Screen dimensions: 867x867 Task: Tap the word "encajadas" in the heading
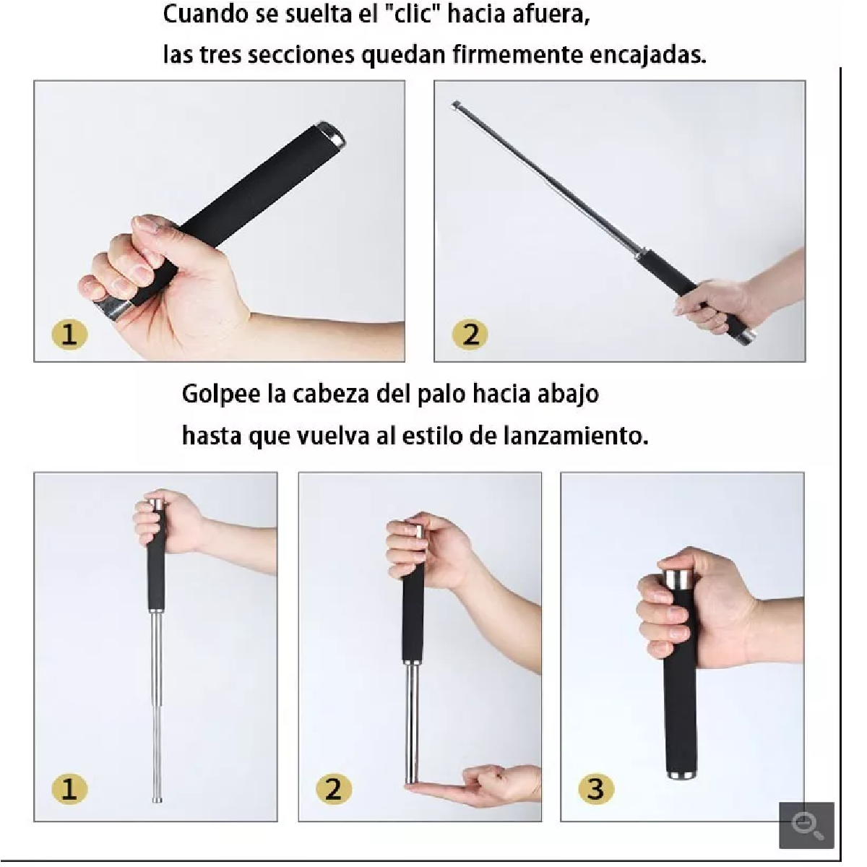(x=647, y=56)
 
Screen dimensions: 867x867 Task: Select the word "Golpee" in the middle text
(x=221, y=394)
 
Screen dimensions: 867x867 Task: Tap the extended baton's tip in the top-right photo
(x=455, y=104)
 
